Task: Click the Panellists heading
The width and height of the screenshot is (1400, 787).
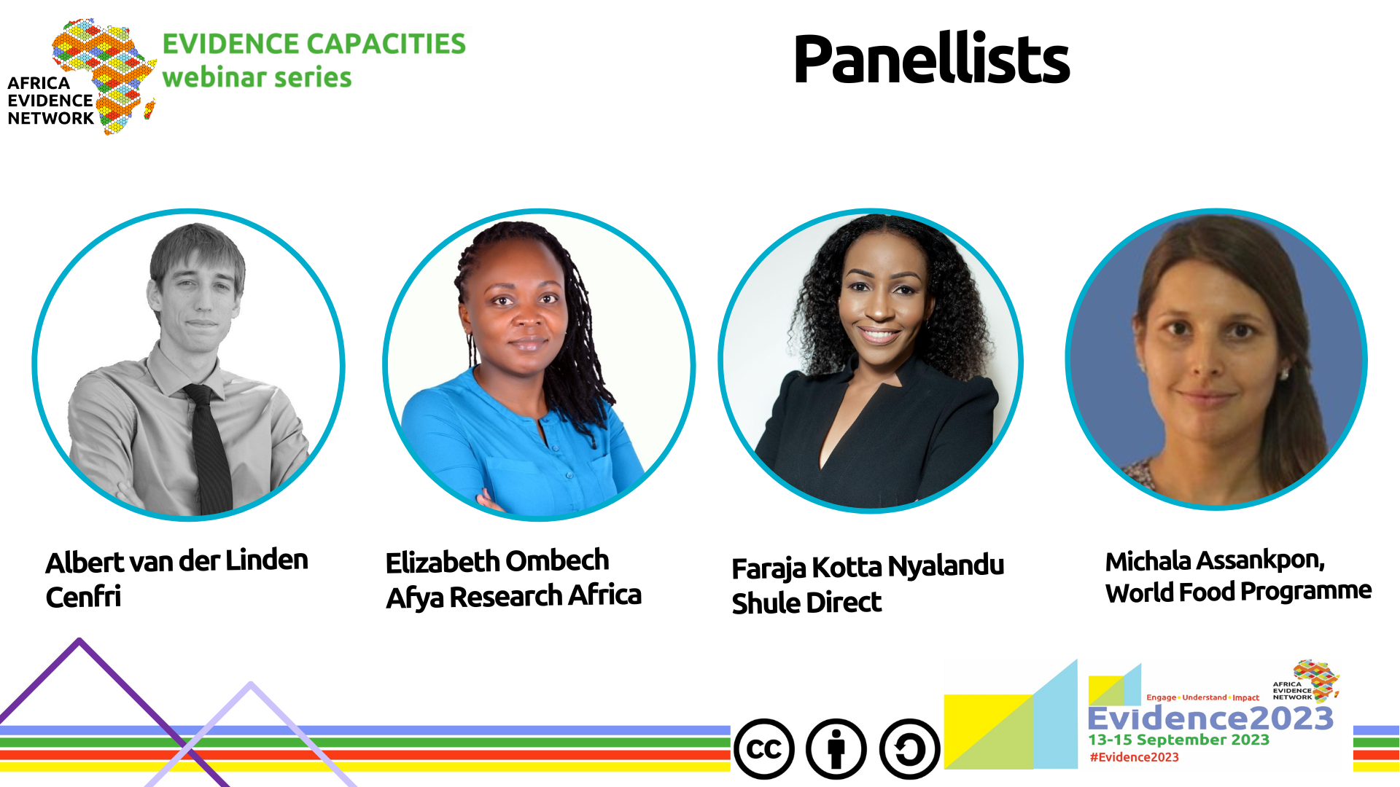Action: [x=931, y=58]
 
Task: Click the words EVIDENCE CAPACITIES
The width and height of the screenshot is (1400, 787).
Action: [x=314, y=44]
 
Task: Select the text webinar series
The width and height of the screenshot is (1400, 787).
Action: [x=257, y=77]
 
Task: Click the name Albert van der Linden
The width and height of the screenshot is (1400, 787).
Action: [x=176, y=561]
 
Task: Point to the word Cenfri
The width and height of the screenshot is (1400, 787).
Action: [x=83, y=597]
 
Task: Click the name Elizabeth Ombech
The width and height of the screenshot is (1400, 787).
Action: [x=497, y=561]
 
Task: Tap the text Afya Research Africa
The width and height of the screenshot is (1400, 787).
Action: [x=513, y=596]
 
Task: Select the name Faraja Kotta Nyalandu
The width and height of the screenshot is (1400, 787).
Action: [x=868, y=567]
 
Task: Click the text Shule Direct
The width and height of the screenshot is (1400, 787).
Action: [x=806, y=603]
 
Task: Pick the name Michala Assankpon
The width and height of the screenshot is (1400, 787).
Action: [x=1215, y=560]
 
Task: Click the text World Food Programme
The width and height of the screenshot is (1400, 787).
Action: [x=1238, y=592]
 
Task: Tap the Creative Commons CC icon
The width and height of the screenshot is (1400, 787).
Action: [x=764, y=749]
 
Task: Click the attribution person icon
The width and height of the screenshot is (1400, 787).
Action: [x=836, y=749]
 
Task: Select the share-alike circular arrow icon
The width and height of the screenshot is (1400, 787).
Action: [x=909, y=749]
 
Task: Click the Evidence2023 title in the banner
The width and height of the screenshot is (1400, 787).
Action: [x=1210, y=719]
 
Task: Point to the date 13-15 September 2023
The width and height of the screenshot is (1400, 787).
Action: [x=1178, y=740]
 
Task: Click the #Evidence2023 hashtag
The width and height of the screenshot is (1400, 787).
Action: [x=1134, y=757]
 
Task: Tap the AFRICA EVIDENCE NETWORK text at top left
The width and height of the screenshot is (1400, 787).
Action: [x=50, y=101]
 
